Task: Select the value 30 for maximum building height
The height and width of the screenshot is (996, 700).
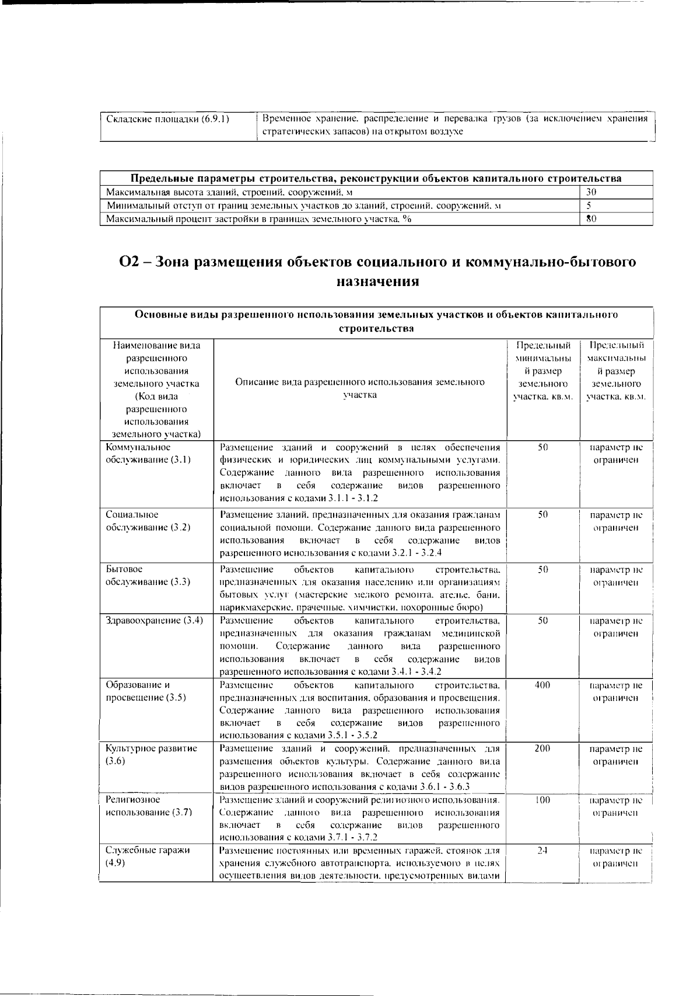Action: click(x=591, y=192)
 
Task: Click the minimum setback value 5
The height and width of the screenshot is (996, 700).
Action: click(x=589, y=206)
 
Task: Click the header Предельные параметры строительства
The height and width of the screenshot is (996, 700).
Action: click(x=376, y=178)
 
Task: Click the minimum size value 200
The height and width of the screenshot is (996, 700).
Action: click(x=542, y=748)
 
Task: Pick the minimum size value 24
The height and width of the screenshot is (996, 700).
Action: click(x=542, y=851)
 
